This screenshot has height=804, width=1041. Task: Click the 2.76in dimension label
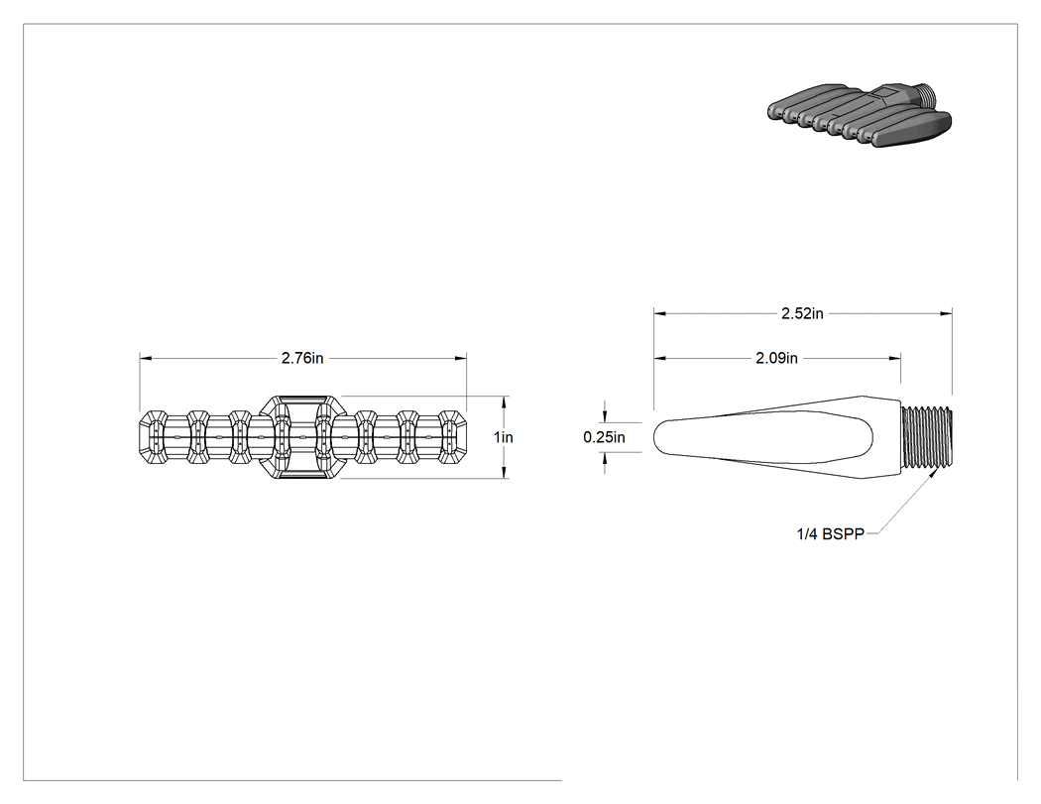click(x=302, y=358)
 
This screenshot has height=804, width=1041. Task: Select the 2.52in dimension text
click(x=802, y=313)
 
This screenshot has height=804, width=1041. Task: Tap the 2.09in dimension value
click(x=776, y=358)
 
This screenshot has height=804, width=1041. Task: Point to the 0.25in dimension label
click(x=604, y=437)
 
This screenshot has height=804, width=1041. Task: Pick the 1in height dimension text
click(x=504, y=437)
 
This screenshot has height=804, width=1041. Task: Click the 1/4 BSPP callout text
click(x=831, y=533)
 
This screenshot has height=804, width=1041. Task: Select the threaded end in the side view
click(x=927, y=437)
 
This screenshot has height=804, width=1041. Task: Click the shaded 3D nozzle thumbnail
click(x=860, y=115)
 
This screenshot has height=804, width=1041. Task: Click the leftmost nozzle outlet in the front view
click(x=154, y=437)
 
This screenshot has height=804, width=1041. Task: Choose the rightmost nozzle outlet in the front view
click(x=453, y=437)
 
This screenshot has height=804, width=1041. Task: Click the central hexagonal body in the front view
click(x=302, y=437)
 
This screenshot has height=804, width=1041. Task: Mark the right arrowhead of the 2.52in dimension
click(x=946, y=313)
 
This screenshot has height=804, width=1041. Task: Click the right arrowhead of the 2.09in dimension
click(x=894, y=359)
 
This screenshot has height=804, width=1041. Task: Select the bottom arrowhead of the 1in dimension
click(x=506, y=472)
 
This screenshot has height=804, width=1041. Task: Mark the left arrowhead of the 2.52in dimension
click(x=660, y=313)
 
